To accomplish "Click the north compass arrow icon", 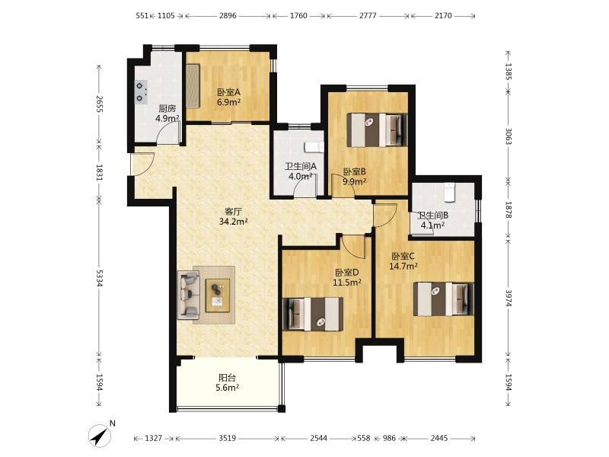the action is [x=100, y=436].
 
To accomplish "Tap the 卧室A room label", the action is [x=228, y=92].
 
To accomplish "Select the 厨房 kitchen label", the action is [x=167, y=109].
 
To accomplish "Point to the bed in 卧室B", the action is [x=377, y=129].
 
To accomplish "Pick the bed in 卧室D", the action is [x=313, y=314].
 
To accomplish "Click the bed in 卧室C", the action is [x=443, y=299].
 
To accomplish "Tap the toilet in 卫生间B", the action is [x=449, y=193].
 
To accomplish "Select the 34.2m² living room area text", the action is [x=234, y=222].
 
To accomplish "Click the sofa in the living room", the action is [x=189, y=295].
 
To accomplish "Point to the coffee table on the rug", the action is [x=218, y=295].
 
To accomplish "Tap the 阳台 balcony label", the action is [x=227, y=377].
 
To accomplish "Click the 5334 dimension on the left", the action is [x=100, y=278].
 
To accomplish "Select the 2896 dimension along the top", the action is [x=228, y=15].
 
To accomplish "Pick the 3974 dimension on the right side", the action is [x=508, y=297].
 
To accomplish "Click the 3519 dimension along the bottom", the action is [x=227, y=439].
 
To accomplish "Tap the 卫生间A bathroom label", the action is [x=301, y=166].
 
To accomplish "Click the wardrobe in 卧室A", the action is [x=193, y=86].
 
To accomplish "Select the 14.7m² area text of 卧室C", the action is [x=403, y=266].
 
